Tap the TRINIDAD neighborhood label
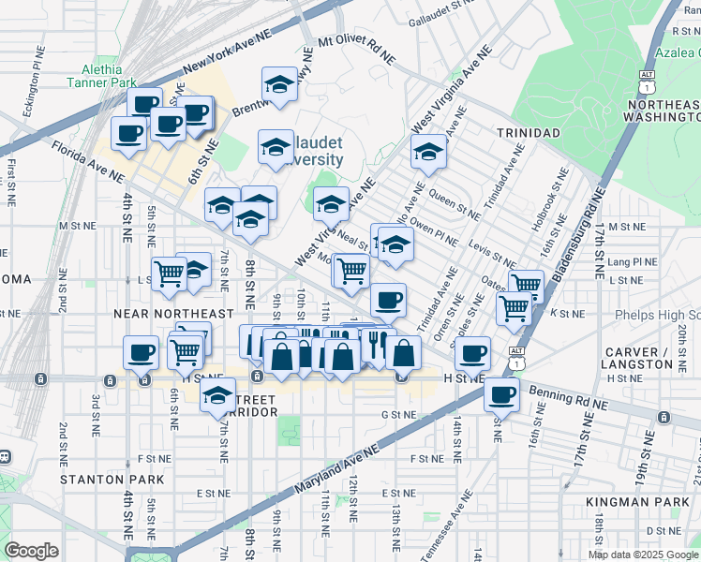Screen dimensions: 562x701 pyautogui.click(x=528, y=133)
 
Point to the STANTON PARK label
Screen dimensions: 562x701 pyautogui.click(x=112, y=480)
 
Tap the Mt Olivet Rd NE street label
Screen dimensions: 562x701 pyautogui.click(x=356, y=50)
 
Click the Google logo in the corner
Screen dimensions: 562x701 pyautogui.click(x=31, y=551)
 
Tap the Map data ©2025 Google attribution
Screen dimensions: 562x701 pyautogui.click(x=643, y=555)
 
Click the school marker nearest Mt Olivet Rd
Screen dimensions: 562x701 pyautogui.click(x=279, y=85)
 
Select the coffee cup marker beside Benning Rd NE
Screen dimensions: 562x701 pyautogui.click(x=501, y=393)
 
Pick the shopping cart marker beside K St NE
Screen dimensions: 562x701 pyautogui.click(x=515, y=306)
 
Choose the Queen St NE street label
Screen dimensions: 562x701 pyautogui.click(x=455, y=200)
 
